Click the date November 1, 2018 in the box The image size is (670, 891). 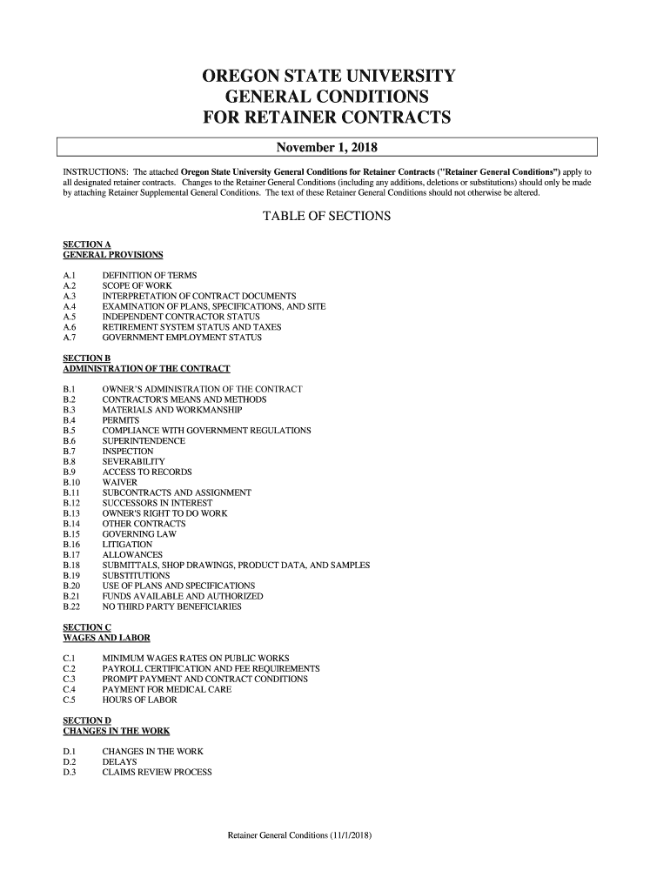(326, 145)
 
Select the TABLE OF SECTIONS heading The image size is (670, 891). (326, 216)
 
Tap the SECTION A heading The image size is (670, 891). (87, 244)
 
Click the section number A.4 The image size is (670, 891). (70, 306)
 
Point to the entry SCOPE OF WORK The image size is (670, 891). (137, 285)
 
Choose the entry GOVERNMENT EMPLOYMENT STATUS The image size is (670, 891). (182, 338)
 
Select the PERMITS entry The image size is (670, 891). (120, 420)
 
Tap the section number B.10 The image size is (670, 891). (72, 482)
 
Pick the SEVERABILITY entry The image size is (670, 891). (133, 461)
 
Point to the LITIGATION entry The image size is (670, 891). (127, 545)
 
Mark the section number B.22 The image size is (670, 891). (72, 606)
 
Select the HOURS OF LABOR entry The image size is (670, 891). (139, 700)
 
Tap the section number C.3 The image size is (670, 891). (70, 679)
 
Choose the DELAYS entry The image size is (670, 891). (119, 761)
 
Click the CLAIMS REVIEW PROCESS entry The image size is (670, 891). (157, 772)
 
